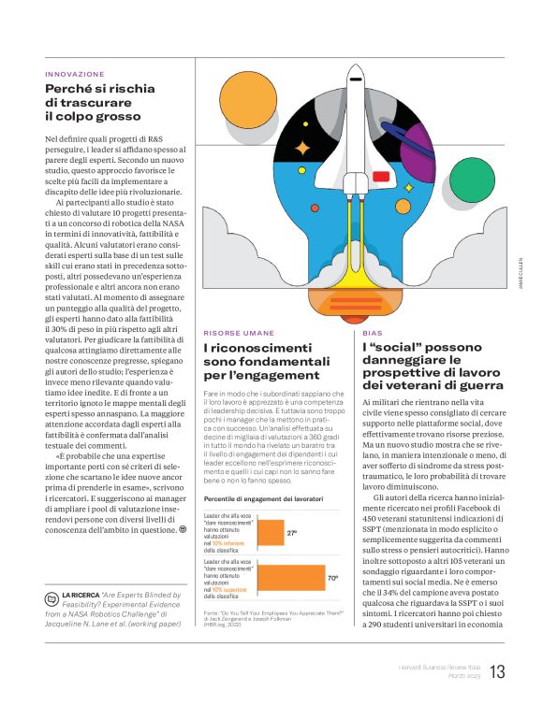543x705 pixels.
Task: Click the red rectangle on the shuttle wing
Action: coord(381,176)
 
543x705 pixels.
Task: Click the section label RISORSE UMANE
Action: coord(239,333)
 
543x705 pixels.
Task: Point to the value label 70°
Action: coord(332,579)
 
